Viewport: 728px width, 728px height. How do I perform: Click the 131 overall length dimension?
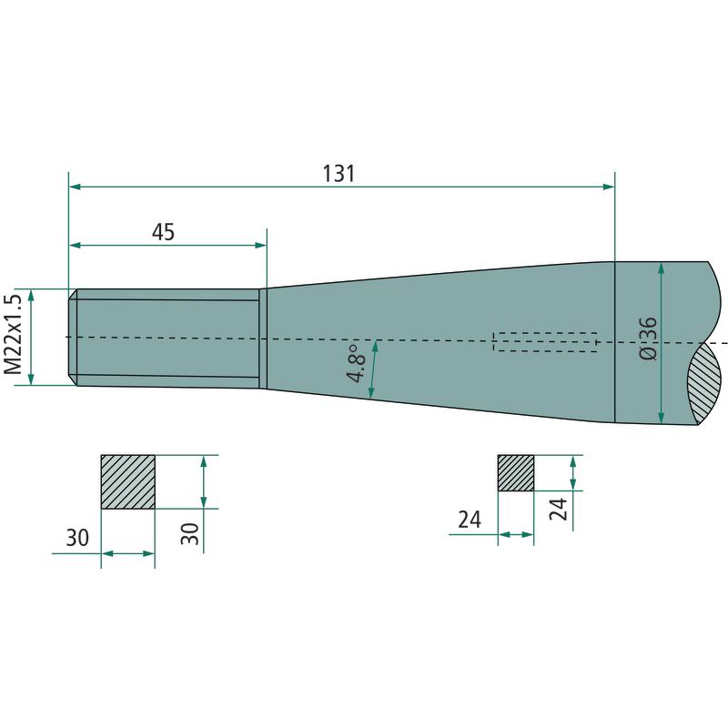point(339,174)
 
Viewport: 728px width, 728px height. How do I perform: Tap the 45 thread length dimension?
point(163,232)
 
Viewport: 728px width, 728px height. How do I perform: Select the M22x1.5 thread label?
point(14,334)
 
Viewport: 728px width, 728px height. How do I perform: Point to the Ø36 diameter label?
point(648,338)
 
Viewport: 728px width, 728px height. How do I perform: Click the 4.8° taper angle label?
point(358,363)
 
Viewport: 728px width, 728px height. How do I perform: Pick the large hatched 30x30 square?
point(127,482)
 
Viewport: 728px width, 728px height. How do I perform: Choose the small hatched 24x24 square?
point(516,473)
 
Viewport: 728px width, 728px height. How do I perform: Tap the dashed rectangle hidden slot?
point(544,342)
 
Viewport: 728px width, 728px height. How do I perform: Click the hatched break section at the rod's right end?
point(704,383)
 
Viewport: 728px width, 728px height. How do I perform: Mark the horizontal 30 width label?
point(77,538)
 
